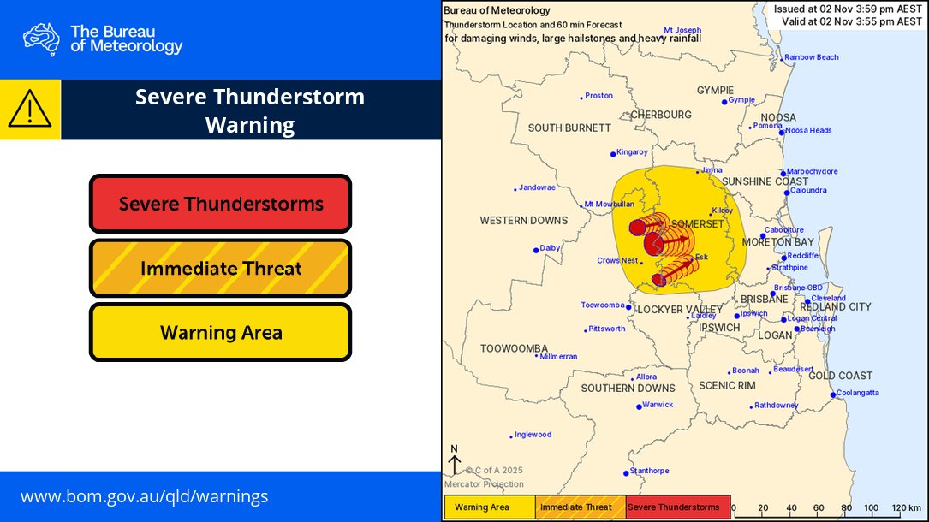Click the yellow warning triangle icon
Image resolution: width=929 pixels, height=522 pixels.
click(x=30, y=110)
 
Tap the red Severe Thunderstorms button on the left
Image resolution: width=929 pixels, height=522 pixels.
click(x=220, y=204)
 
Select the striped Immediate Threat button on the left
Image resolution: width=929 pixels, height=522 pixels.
click(x=220, y=268)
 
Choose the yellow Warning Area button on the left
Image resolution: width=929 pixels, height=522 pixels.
click(x=220, y=332)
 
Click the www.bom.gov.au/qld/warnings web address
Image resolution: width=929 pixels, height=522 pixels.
click(x=144, y=496)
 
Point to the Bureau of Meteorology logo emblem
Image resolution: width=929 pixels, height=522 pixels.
click(x=42, y=39)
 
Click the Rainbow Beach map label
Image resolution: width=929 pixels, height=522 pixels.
click(x=812, y=57)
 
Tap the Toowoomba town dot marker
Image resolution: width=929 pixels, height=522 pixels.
click(x=628, y=307)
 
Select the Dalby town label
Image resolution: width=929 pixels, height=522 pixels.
click(x=551, y=248)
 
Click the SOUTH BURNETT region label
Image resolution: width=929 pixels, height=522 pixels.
click(x=569, y=128)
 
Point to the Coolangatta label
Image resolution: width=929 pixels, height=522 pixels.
click(x=857, y=393)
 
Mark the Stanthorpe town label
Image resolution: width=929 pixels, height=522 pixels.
click(x=650, y=471)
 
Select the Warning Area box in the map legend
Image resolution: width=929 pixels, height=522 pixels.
click(x=489, y=507)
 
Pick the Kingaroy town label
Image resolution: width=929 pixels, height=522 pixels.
click(x=633, y=152)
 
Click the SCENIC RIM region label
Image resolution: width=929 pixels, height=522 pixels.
click(x=727, y=385)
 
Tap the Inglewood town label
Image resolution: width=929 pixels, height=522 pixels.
click(x=533, y=435)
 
